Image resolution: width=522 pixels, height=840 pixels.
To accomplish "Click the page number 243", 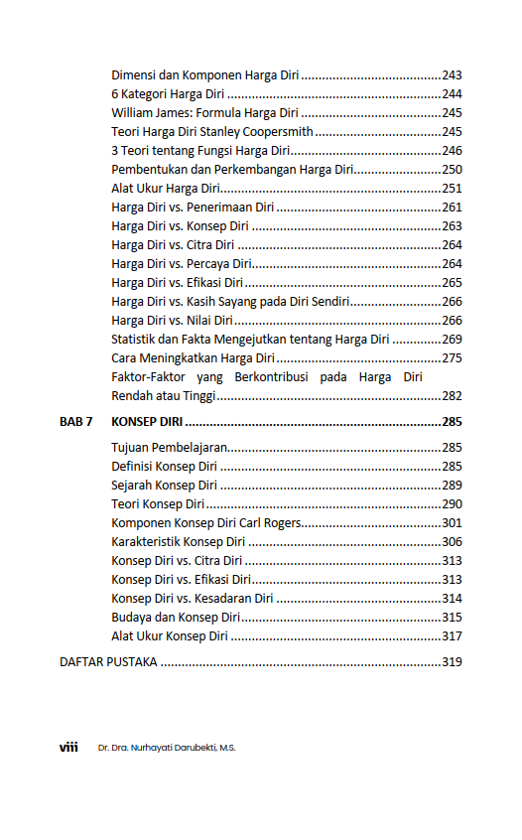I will point(452,75).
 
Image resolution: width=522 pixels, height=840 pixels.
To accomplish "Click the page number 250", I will point(452,170).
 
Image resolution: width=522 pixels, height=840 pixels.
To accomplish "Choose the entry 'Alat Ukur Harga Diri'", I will point(166,189).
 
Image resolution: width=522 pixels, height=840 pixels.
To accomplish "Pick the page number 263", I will point(452,226).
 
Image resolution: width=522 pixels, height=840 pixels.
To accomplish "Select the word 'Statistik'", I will point(136,340).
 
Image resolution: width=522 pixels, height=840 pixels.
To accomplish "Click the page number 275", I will point(452,358).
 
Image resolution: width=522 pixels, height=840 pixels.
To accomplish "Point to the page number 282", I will point(452,396).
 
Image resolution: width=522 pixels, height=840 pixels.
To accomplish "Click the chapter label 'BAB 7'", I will point(76,422).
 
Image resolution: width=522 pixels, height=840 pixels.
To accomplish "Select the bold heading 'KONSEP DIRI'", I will point(147,422).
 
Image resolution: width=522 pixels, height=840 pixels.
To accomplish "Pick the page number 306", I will point(452,542).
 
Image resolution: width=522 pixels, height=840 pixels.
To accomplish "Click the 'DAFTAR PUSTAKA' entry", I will point(108,662).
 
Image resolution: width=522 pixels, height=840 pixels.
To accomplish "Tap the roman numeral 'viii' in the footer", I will point(68,748).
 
